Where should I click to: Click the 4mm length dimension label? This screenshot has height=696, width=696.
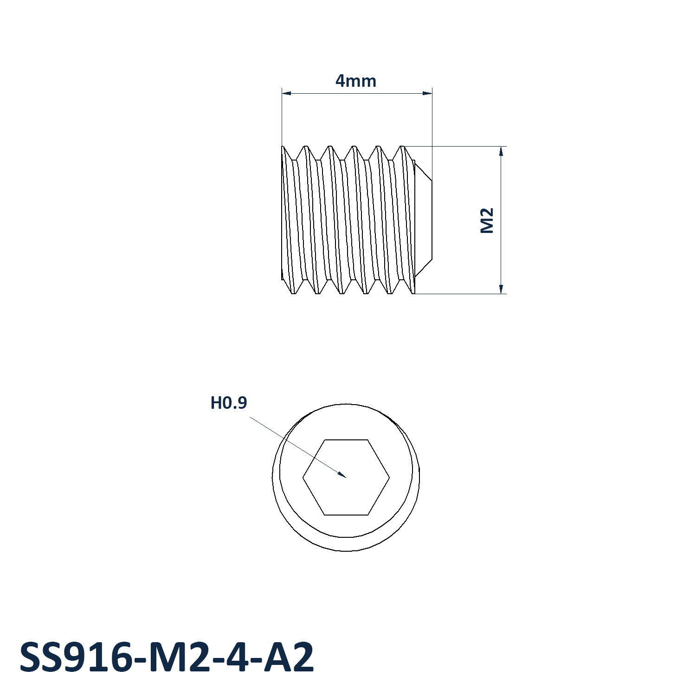click(x=356, y=81)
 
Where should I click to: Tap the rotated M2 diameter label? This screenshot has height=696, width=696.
click(x=487, y=220)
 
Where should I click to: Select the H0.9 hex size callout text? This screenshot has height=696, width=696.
click(x=229, y=403)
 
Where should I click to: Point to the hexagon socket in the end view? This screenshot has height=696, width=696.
click(x=346, y=477)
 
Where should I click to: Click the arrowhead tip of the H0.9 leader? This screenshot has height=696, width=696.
click(x=346, y=477)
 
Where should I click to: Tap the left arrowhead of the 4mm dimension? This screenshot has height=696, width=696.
click(x=283, y=93)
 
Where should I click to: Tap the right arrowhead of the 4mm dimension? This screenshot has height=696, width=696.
click(x=431, y=93)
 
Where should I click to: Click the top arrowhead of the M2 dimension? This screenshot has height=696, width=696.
click(x=501, y=148)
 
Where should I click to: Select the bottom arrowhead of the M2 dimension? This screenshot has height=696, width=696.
click(x=501, y=293)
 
